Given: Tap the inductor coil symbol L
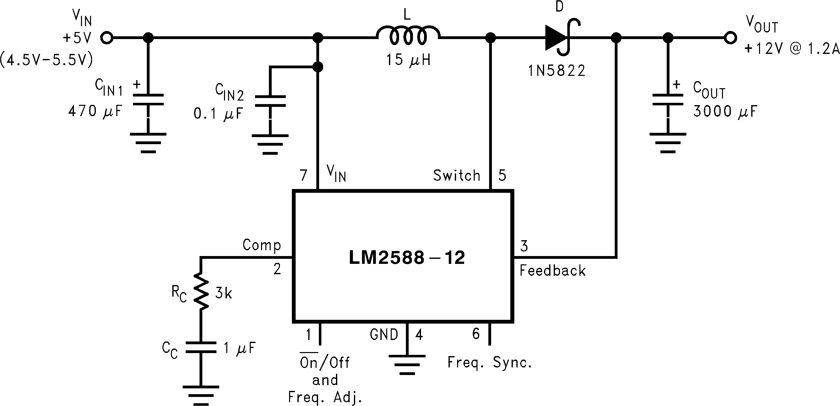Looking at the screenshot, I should coord(408,36).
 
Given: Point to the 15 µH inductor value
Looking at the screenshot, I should coord(408,60).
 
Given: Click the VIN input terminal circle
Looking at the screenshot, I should coord(107,38).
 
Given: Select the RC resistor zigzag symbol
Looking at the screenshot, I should coord(201,292).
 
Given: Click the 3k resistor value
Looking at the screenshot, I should coord(223,294).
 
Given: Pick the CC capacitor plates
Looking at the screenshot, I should coord(201,347).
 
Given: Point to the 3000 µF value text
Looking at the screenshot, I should coord(724,111).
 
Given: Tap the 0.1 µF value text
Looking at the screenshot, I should coord(218,114).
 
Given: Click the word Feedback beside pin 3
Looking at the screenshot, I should coord(552,270).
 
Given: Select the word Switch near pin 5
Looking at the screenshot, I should coord(457,176).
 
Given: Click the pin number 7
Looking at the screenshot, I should coord(304,176).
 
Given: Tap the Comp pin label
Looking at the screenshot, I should coord(262,245).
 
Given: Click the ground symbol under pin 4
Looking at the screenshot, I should coord(407,365).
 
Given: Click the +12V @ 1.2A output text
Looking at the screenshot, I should coord(791,49).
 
